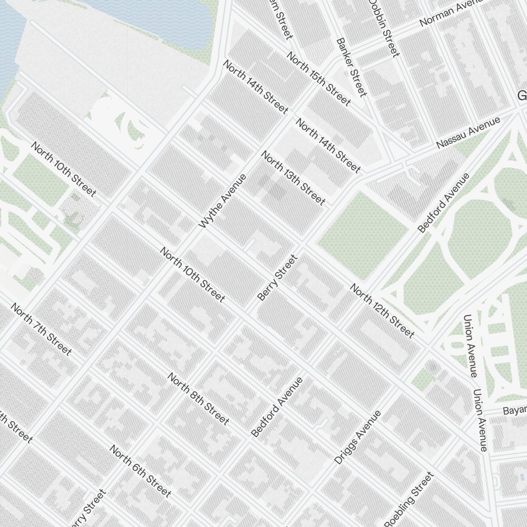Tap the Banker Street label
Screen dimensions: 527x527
351,67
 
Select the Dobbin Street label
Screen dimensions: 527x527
384,27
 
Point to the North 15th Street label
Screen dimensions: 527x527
318,79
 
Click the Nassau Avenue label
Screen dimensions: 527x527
468,133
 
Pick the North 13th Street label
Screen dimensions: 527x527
293,178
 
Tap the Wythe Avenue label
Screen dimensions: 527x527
223,201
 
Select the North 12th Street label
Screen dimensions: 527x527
382,311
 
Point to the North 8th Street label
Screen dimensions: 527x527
199,399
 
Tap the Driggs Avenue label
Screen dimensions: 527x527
357,437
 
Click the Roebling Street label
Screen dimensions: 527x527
408,500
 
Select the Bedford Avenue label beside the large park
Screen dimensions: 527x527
444,203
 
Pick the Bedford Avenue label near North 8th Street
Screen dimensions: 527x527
277,407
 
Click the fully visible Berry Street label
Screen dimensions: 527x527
278,278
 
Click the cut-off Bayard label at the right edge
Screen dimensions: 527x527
514,410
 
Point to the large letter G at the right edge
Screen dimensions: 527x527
522,96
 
